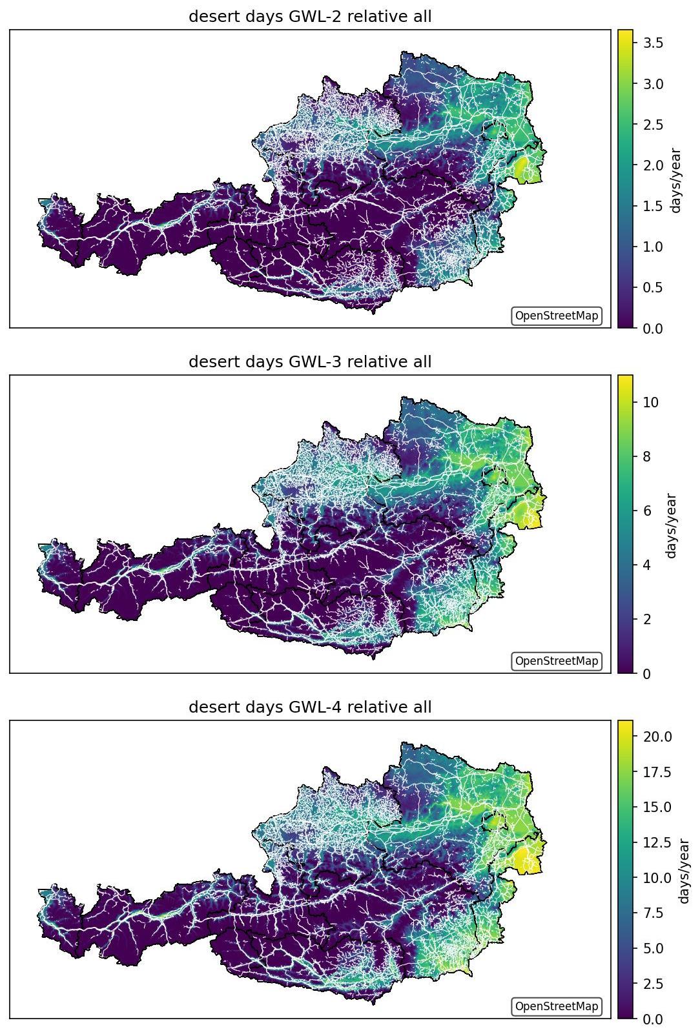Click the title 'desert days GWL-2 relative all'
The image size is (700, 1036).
point(309,17)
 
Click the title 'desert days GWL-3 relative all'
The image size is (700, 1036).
point(309,361)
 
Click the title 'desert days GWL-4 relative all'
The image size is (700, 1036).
point(309,707)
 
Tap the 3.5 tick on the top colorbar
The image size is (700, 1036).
point(653,43)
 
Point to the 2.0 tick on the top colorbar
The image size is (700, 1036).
point(653,165)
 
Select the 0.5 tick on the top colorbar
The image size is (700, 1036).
point(653,287)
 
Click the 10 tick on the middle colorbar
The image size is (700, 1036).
point(650,402)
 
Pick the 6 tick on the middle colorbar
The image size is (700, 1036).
point(647,511)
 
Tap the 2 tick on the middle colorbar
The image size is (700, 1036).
point(647,619)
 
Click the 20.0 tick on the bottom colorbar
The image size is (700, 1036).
point(657,736)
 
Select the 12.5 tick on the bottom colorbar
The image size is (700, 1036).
point(657,842)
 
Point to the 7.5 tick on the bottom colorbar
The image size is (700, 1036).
point(653,913)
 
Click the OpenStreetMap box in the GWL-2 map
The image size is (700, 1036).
point(557,316)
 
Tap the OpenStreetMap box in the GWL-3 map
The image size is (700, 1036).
point(557,661)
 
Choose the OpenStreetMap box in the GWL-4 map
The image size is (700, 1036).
point(557,1006)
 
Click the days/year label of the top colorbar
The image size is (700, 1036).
point(676,180)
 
